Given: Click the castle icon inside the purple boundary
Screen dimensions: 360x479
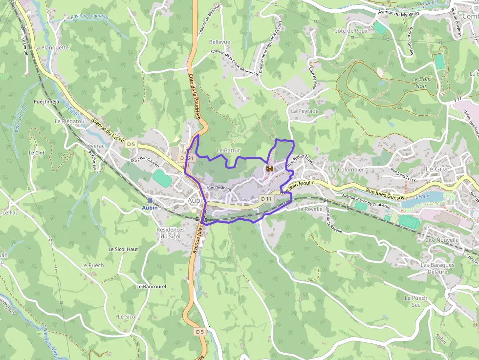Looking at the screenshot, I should pos(269,169).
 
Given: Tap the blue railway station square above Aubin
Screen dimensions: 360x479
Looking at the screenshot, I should pos(150,200).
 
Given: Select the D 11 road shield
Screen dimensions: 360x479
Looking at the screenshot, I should pos(266,199).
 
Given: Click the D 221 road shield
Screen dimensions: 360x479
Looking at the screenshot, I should pos(187,158).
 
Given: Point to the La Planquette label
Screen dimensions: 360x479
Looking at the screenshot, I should pos(51,48).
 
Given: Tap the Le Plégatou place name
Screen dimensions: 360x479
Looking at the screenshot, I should pos(69,121).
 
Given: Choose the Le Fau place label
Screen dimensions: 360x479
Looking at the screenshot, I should pos(10,212).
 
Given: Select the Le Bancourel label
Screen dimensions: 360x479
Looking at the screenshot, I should pos(151,286).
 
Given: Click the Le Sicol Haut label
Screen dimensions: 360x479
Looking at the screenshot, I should pos(123,249).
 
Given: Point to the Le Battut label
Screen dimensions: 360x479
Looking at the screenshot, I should pos(228,150).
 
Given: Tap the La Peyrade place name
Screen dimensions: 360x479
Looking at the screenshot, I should pos(305,111).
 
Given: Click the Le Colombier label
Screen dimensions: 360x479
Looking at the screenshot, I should pos(347,169).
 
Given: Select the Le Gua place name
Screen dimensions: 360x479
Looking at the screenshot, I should pos(436,169).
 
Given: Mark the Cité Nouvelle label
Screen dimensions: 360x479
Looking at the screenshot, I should pos(442,240).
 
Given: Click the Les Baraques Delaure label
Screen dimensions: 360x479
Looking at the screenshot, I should pos(437,268).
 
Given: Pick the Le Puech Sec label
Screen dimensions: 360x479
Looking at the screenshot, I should pos(416,301).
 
